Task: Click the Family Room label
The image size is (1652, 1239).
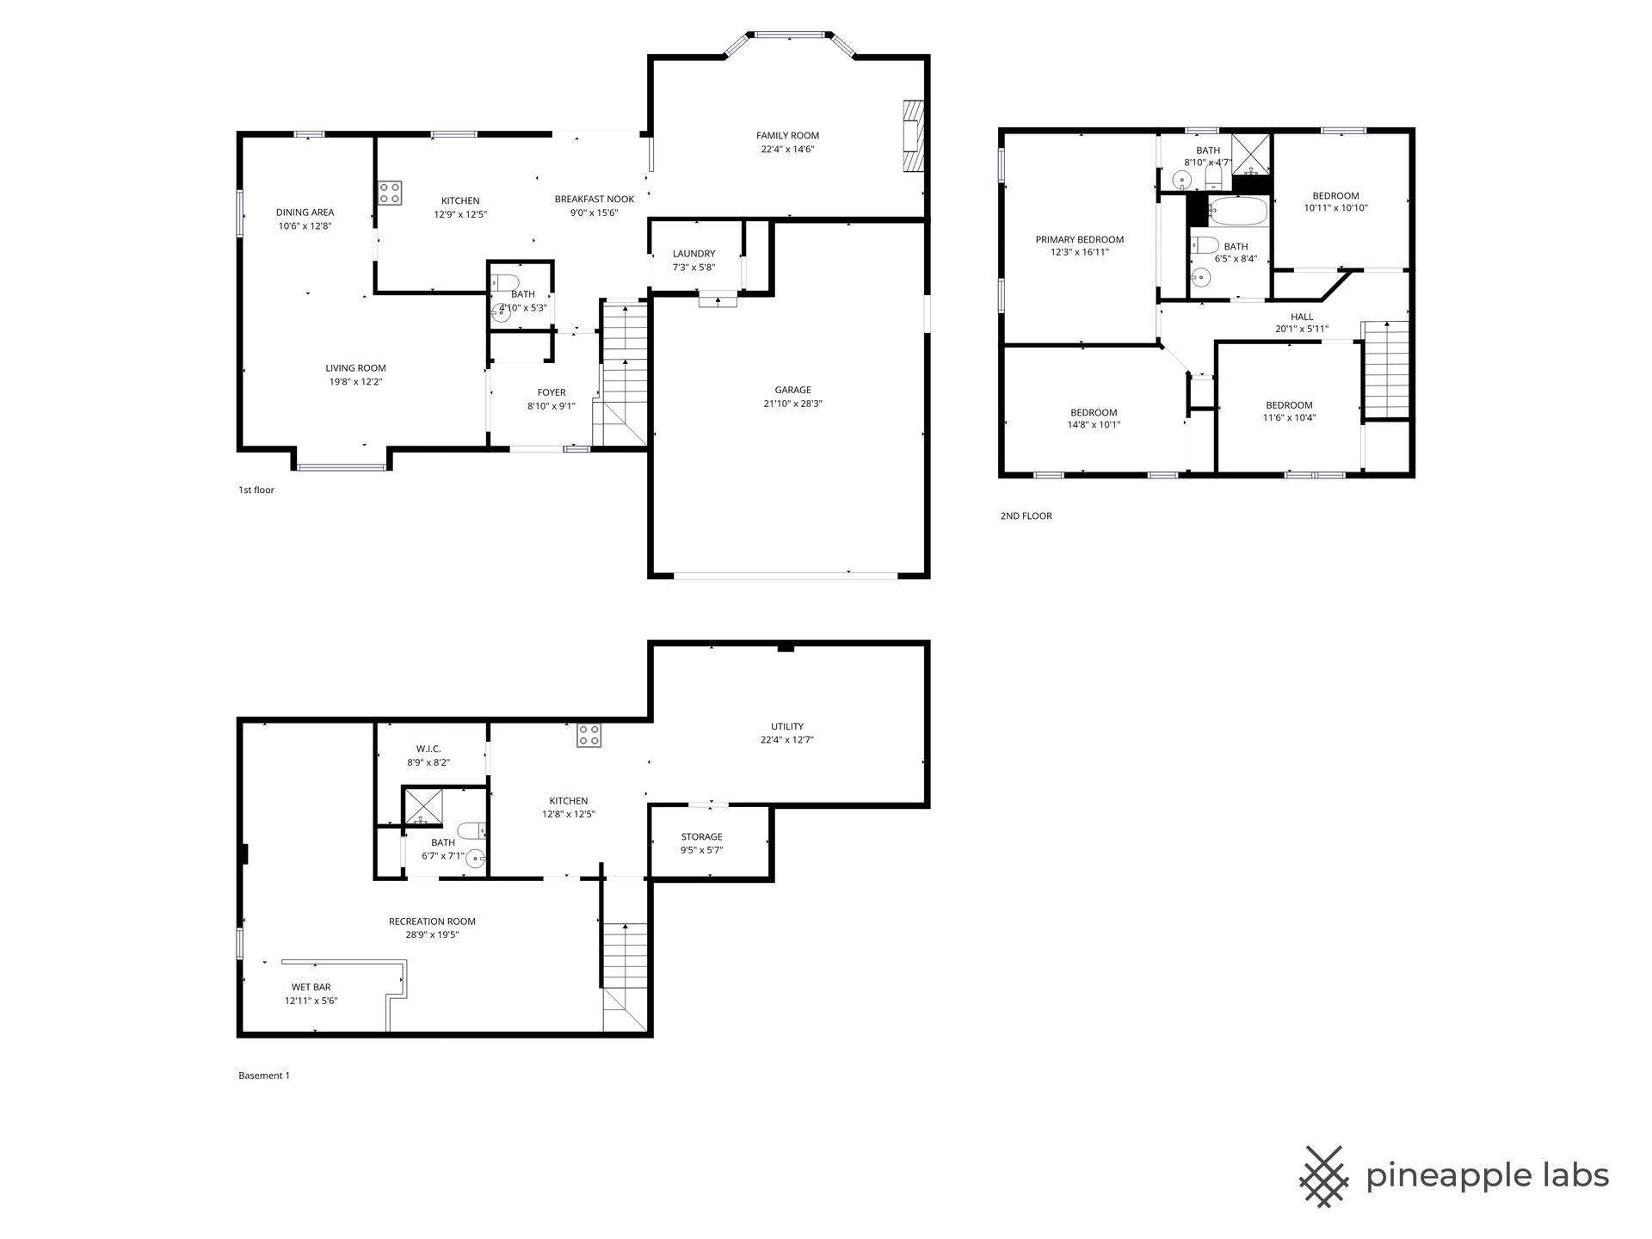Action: pyautogui.click(x=787, y=135)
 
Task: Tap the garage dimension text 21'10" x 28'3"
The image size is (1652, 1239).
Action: pyautogui.click(x=792, y=404)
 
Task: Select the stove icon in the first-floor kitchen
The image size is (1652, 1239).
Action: pyautogui.click(x=390, y=193)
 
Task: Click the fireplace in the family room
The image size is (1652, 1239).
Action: pyautogui.click(x=912, y=136)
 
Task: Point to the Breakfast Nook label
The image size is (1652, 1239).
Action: pyautogui.click(x=595, y=199)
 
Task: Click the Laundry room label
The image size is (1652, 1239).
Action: pyautogui.click(x=693, y=254)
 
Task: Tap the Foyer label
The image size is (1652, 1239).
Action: pyautogui.click(x=552, y=392)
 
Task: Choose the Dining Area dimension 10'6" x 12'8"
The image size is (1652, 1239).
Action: pyautogui.click(x=305, y=226)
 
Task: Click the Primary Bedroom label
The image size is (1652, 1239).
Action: pyautogui.click(x=1079, y=239)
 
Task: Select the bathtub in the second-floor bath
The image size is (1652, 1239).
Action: pyautogui.click(x=1237, y=211)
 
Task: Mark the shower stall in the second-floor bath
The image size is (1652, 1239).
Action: pyautogui.click(x=1251, y=155)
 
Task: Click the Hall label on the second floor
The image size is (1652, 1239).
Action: pyautogui.click(x=1302, y=317)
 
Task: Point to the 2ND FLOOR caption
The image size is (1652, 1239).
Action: pyautogui.click(x=1026, y=516)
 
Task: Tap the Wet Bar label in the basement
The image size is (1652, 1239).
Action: pyautogui.click(x=311, y=987)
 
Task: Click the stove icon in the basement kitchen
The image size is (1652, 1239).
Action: pyautogui.click(x=589, y=735)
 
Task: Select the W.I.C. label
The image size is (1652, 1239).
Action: pyautogui.click(x=428, y=749)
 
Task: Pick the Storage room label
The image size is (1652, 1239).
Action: pyautogui.click(x=701, y=836)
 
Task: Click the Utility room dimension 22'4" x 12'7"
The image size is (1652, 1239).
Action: pyautogui.click(x=787, y=740)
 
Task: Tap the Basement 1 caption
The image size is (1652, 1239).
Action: pyautogui.click(x=264, y=1076)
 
